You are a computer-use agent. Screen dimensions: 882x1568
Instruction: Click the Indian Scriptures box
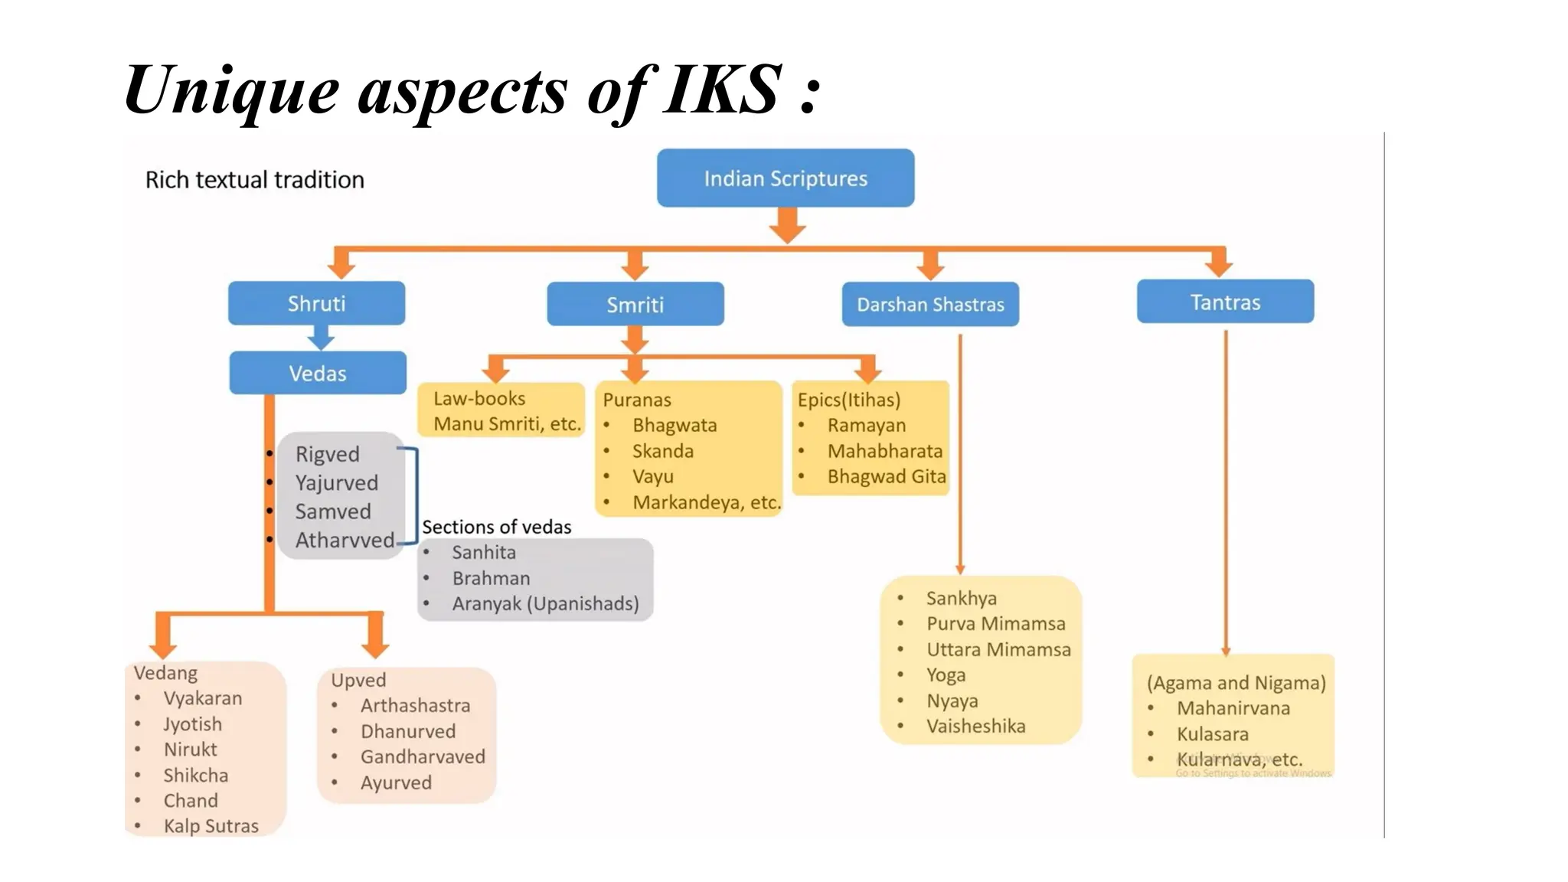coord(786,178)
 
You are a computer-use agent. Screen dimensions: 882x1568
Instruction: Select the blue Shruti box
coord(316,303)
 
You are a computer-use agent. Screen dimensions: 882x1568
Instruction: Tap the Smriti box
coord(635,305)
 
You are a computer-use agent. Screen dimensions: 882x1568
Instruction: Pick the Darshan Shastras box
coord(930,305)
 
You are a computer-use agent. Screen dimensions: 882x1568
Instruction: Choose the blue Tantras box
coord(1225,302)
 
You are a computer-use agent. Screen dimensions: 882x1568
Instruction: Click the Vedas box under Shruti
coord(318,373)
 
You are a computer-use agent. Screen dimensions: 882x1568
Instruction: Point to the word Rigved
coord(327,454)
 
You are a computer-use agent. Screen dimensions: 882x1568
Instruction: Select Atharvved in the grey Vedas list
coord(345,540)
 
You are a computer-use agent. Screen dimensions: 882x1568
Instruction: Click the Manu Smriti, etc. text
coord(507,423)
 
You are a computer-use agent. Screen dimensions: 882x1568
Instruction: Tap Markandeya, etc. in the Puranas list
coord(706,502)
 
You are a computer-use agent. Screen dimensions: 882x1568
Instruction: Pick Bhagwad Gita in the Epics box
coord(887,476)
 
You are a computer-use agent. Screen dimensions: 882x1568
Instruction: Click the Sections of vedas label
coord(496,527)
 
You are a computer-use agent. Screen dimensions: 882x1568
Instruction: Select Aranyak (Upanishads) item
coord(545,603)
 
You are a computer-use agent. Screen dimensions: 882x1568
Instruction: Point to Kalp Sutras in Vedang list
coord(211,825)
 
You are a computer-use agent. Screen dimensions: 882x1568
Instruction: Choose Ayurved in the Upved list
coord(396,782)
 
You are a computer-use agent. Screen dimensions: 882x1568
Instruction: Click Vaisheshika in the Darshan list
coord(975,726)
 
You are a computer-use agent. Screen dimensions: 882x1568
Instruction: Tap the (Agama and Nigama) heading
coord(1236,682)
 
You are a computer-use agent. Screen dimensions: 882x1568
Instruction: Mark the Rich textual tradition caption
coord(255,180)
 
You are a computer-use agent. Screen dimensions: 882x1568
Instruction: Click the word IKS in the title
coord(722,90)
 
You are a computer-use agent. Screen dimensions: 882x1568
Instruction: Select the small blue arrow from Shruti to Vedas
coord(321,337)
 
